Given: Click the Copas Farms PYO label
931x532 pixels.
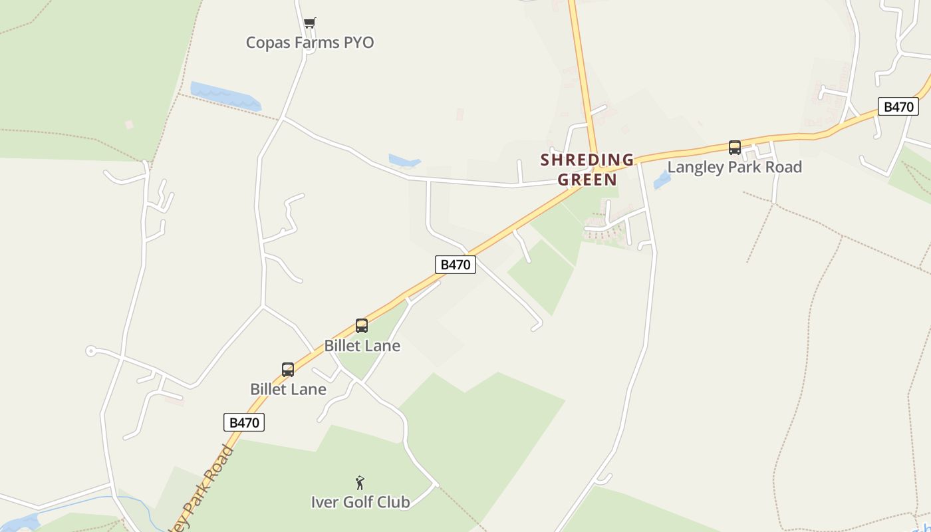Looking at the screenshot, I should tap(309, 43).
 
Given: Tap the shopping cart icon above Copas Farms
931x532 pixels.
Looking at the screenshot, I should tap(309, 23).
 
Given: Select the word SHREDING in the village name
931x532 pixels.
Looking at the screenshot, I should tap(587, 160).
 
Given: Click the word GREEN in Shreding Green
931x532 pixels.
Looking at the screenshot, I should tap(587, 180).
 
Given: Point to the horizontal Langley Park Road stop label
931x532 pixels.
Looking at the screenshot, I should tap(734, 167).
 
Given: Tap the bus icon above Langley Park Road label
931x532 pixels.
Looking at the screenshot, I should tap(734, 148).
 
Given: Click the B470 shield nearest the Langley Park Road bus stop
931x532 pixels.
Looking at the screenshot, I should tap(898, 106).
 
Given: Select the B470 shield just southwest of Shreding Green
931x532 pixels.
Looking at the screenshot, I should tap(456, 265).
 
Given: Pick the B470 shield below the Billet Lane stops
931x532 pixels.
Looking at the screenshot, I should tap(243, 422).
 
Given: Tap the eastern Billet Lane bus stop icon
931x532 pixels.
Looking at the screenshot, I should tap(362, 326).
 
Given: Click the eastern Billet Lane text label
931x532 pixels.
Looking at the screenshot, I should tap(362, 346).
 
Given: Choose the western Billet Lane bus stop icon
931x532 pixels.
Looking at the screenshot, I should tap(288, 370).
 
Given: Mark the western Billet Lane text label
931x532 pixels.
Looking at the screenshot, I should tap(288, 389).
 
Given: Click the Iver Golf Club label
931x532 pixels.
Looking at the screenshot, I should tap(360, 502).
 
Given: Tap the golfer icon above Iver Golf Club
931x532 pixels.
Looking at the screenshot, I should tap(360, 483).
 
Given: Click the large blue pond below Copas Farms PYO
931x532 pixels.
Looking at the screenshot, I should tap(225, 97).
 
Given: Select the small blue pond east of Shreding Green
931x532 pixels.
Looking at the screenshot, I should tap(662, 180).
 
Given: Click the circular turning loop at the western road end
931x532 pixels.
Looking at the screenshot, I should tap(91, 351).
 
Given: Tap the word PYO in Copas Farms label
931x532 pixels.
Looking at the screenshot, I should tap(358, 43).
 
